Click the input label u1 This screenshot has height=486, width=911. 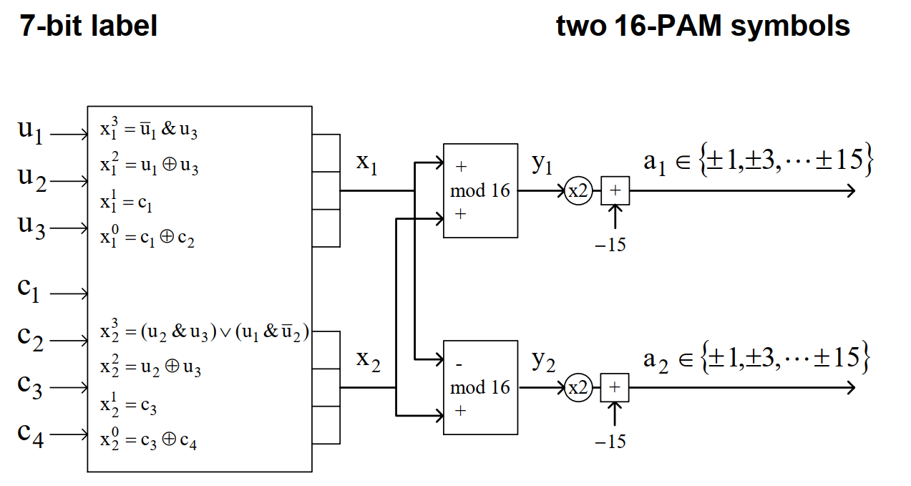coord(30,132)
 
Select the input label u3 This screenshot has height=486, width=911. coord(31,227)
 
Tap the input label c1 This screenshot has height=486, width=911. coord(29,290)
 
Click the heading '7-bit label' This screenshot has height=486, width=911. coord(88,26)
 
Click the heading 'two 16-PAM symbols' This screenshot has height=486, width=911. coord(703,26)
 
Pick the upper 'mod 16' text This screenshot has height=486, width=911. coord(480,190)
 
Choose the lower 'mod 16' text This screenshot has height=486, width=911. coord(480,387)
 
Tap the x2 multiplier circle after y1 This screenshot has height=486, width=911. coord(578,190)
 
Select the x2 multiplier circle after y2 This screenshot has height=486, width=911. coord(578,387)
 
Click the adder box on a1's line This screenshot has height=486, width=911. coord(615,190)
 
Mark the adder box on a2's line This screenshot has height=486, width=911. coord(615,387)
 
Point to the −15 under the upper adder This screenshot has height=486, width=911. coord(610,245)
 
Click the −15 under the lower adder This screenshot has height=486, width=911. coord(610,442)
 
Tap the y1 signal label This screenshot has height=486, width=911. coord(542,163)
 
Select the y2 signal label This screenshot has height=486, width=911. coord(543,361)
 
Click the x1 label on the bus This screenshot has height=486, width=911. coord(367,163)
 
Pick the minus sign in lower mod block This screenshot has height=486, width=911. coord(459,365)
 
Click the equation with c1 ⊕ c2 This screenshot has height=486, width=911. coord(147,237)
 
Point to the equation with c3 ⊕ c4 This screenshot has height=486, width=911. coord(148,439)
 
